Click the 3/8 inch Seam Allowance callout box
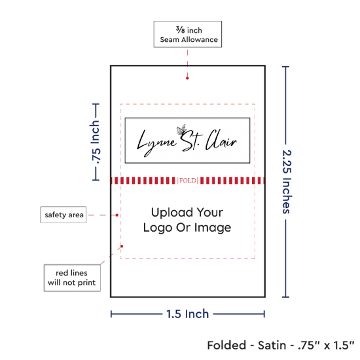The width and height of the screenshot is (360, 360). pyautogui.click(x=188, y=34)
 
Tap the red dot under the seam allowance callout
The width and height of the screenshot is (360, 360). pyautogui.click(x=187, y=78)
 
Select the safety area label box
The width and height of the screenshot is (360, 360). pyautogui.click(x=63, y=215)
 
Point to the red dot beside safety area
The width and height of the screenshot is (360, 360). pyautogui.click(x=117, y=215)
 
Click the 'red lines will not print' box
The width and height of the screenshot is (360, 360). pyautogui.click(x=72, y=278)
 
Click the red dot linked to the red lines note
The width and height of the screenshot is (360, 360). pyautogui.click(x=122, y=246)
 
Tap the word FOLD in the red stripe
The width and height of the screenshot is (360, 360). pyautogui.click(x=188, y=181)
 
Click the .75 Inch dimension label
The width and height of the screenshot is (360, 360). pyautogui.click(x=95, y=142)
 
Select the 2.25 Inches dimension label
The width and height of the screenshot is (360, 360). pyautogui.click(x=287, y=182)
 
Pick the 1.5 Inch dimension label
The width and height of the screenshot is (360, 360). pyautogui.click(x=188, y=314)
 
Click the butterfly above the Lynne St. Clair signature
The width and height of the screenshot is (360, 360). pyautogui.click(x=181, y=130)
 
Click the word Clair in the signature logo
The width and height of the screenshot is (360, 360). pyautogui.click(x=221, y=140)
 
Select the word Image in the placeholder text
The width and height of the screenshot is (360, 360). pyautogui.click(x=213, y=228)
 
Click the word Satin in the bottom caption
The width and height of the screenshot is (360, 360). pyautogui.click(x=272, y=346)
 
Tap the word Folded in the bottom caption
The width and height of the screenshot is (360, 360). pyautogui.click(x=226, y=346)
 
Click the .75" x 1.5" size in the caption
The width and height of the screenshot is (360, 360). pyautogui.click(x=326, y=346)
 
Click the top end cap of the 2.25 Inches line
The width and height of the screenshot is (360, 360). pyautogui.click(x=285, y=67)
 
